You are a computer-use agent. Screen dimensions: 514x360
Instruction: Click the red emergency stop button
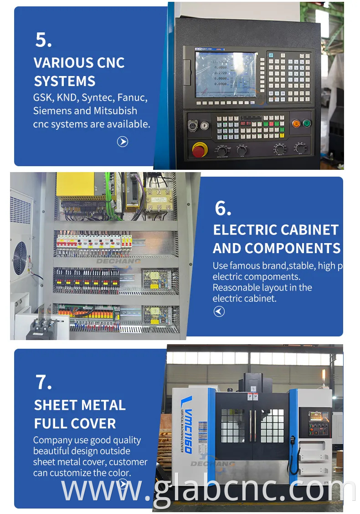[x=199, y=149]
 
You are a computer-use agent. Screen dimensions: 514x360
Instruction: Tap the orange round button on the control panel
[x=296, y=123]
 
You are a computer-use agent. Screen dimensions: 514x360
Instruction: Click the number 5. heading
[x=44, y=40]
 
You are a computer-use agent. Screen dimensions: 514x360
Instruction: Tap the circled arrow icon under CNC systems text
[x=122, y=142]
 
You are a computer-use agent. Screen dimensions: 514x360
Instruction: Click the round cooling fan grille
[x=21, y=257]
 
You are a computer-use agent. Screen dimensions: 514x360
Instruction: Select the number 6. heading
[x=223, y=208]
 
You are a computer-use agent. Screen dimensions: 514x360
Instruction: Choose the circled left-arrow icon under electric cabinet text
[x=219, y=311]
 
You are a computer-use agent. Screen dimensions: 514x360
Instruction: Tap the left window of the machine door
[x=233, y=426]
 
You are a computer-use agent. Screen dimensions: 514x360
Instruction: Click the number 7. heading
[x=44, y=382]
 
